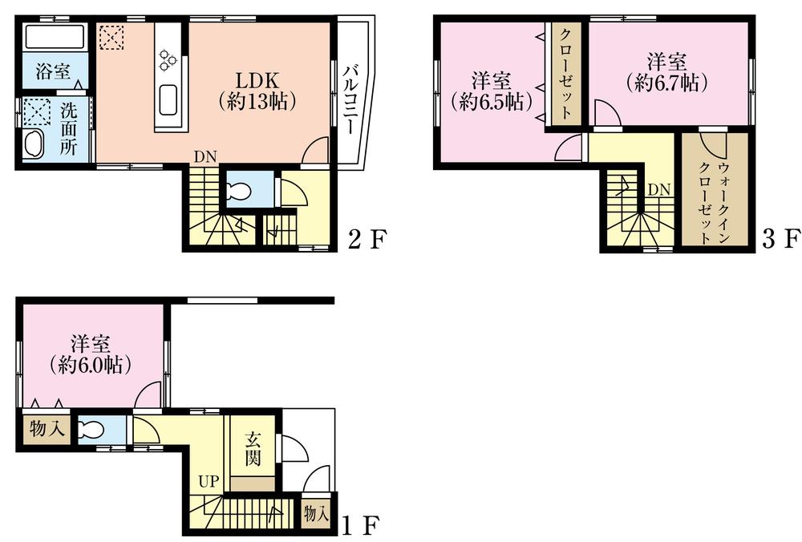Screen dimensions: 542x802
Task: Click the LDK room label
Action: pyautogui.click(x=257, y=81)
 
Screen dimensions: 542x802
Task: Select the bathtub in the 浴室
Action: pyautogui.click(x=54, y=38)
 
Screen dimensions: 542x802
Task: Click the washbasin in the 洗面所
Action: pyautogui.click(x=34, y=145)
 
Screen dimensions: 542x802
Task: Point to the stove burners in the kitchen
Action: pyautogui.click(x=169, y=58)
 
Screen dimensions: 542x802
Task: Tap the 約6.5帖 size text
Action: pyautogui.click(x=488, y=102)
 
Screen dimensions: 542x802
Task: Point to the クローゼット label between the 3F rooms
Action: pyautogui.click(x=565, y=74)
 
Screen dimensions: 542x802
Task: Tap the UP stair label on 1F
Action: pyautogui.click(x=208, y=483)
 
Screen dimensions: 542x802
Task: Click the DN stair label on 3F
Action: pyautogui.click(x=659, y=189)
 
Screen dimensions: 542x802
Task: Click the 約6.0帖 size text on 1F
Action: pyautogui.click(x=90, y=365)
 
